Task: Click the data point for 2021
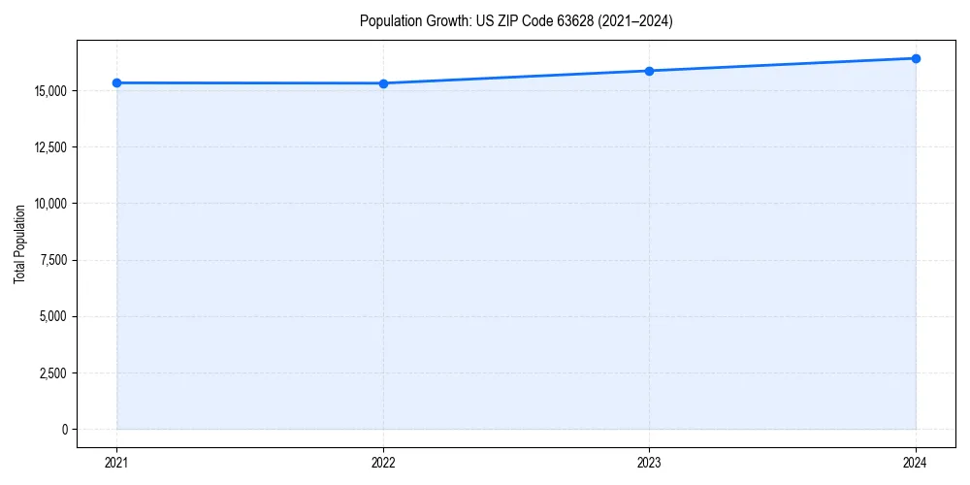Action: (116, 82)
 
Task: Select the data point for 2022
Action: (383, 83)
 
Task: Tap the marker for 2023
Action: (649, 71)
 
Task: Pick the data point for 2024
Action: (916, 58)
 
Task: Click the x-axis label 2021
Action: (116, 463)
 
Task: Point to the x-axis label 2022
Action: (383, 463)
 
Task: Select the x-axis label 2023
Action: (649, 463)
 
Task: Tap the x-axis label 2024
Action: (916, 463)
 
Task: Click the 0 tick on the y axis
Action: (65, 429)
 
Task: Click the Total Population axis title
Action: (19, 243)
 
